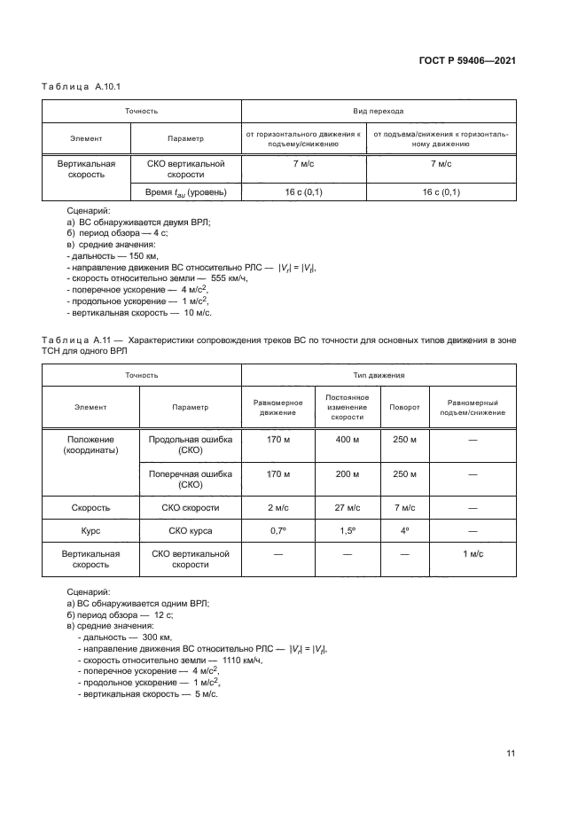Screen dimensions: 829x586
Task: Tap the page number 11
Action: click(511, 754)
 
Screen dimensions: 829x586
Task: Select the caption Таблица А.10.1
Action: click(81, 87)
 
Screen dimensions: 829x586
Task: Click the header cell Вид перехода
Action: click(379, 112)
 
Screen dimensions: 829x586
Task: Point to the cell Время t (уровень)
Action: click(186, 192)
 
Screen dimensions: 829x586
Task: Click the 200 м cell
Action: click(347, 473)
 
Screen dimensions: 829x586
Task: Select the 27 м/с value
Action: click(347, 508)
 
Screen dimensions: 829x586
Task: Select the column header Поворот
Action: click(404, 407)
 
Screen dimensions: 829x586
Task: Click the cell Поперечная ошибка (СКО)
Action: click(191, 479)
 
